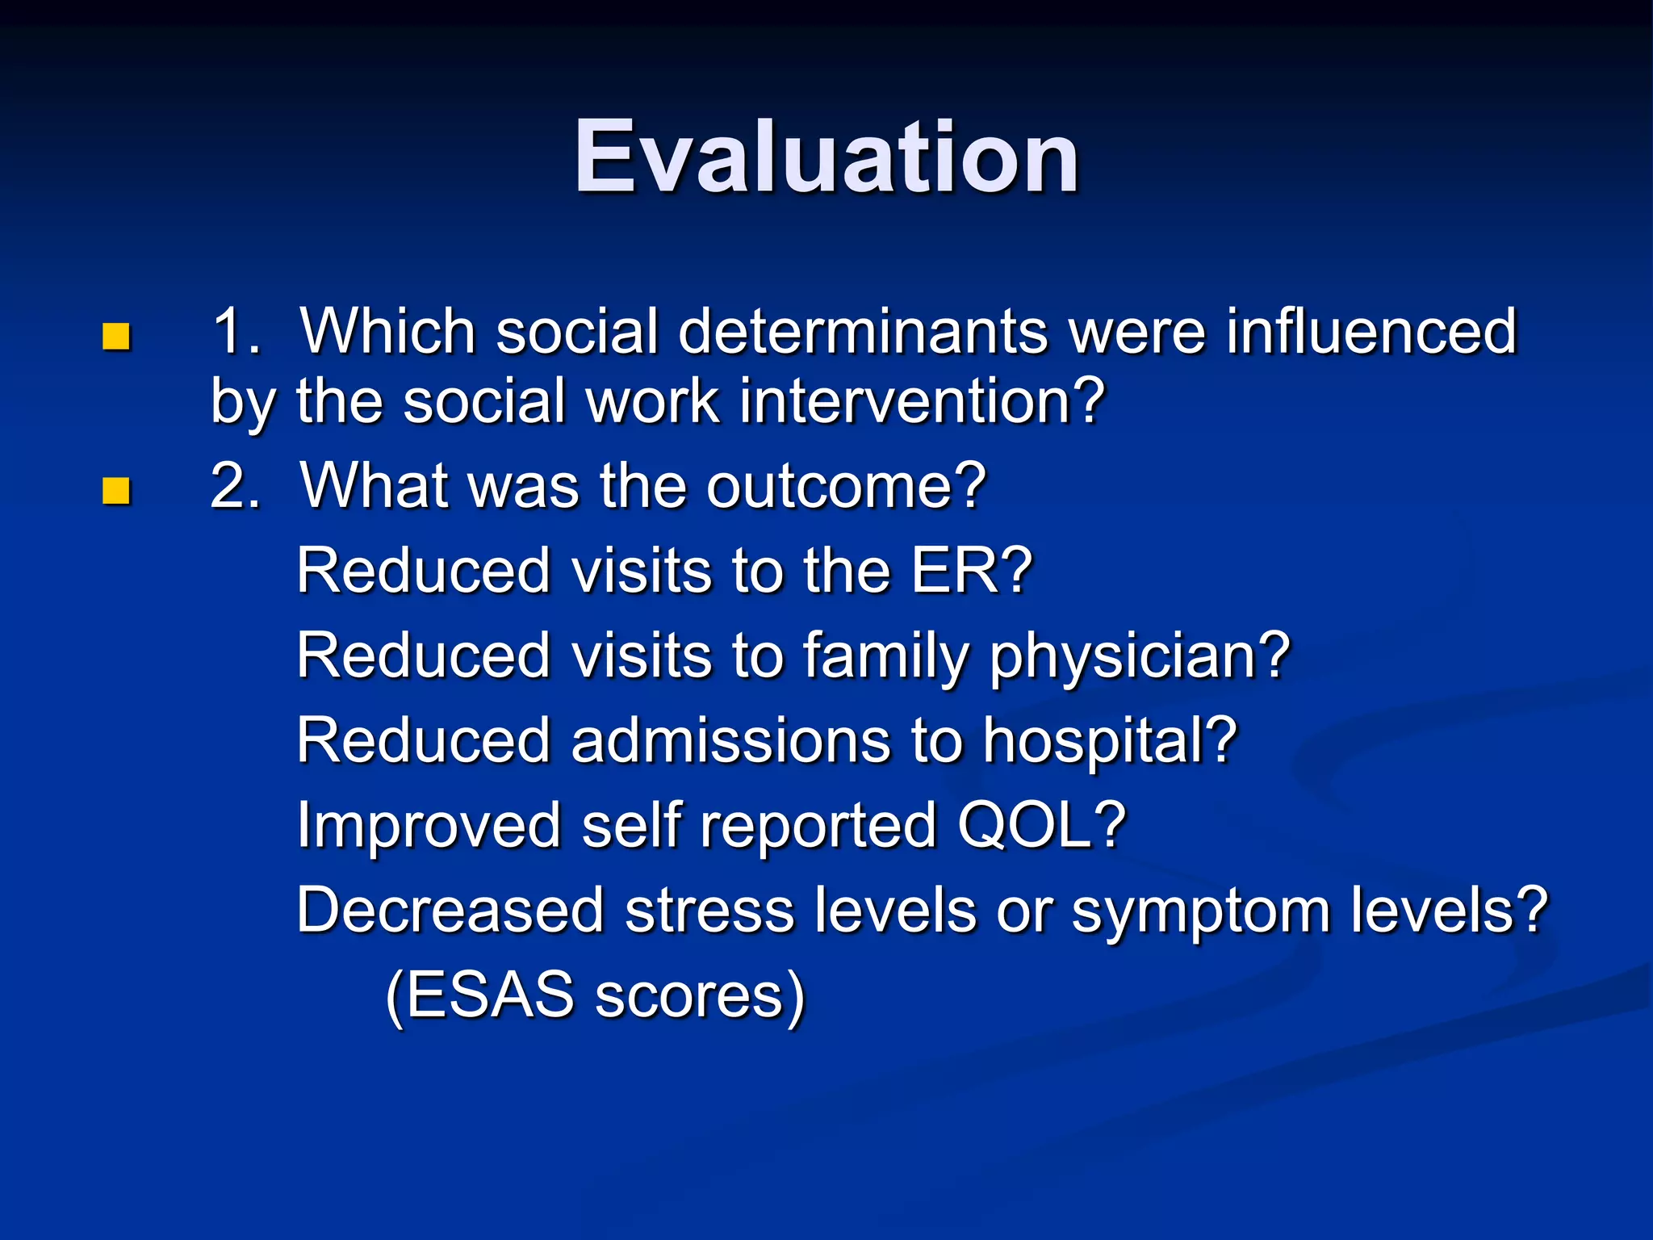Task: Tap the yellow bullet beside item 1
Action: coord(116,337)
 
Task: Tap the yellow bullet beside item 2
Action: coord(116,490)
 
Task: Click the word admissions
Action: coord(730,740)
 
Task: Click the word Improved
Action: coord(429,826)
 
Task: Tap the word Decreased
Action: coord(450,911)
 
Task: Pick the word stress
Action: coord(709,911)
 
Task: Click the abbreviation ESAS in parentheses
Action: coord(489,995)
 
